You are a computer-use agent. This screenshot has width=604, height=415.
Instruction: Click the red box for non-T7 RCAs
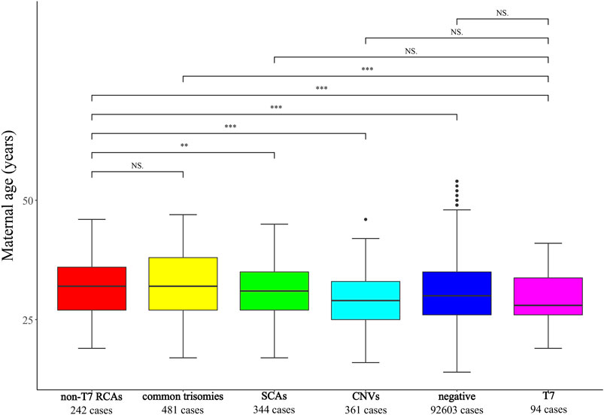pyautogui.click(x=92, y=288)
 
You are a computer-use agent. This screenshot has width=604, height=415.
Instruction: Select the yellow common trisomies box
pyautogui.click(x=183, y=284)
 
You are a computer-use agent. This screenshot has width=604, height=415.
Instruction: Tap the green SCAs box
pyautogui.click(x=274, y=291)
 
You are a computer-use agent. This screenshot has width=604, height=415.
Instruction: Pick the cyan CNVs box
pyautogui.click(x=366, y=301)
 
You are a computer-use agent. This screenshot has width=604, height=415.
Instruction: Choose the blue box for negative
pyautogui.click(x=457, y=293)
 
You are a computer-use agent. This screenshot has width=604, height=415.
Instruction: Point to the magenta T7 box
pyautogui.click(x=548, y=296)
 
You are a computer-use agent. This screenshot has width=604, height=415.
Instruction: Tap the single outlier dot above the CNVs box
pyautogui.click(x=366, y=219)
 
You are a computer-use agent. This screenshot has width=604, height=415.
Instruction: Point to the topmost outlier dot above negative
pyautogui.click(x=457, y=182)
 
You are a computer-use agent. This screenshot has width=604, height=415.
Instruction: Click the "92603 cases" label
pyautogui.click(x=457, y=410)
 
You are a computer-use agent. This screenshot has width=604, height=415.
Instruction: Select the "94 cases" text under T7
pyautogui.click(x=548, y=410)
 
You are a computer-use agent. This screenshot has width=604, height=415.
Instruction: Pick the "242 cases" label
pyautogui.click(x=92, y=410)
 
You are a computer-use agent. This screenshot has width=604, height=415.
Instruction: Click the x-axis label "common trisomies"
pyautogui.click(x=183, y=396)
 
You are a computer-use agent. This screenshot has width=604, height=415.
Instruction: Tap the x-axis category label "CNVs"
pyautogui.click(x=366, y=396)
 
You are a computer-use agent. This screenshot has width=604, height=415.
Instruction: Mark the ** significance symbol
pyautogui.click(x=184, y=146)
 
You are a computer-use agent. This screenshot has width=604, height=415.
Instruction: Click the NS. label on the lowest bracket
pyautogui.click(x=138, y=164)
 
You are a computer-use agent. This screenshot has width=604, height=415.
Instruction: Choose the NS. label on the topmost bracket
pyautogui.click(x=502, y=12)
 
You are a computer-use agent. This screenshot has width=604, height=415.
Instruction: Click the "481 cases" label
pyautogui.click(x=183, y=410)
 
